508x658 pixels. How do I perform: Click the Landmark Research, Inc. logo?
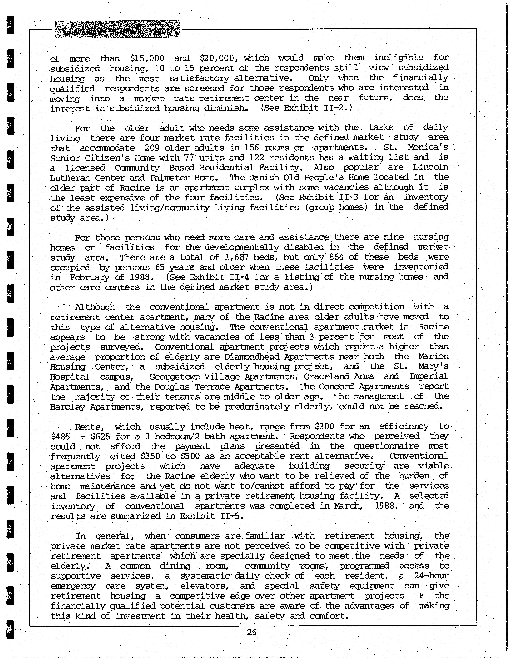[117, 29]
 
